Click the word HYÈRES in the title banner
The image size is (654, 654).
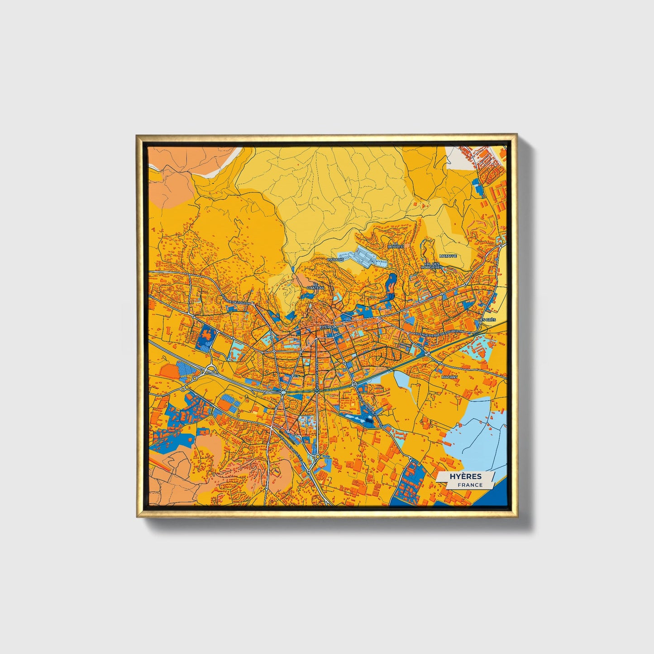[x=466, y=477]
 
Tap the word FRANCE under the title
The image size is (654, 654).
[x=469, y=485]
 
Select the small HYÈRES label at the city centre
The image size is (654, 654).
[x=326, y=326]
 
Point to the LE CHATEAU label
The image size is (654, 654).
[x=315, y=286]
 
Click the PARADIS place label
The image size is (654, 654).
[x=335, y=260]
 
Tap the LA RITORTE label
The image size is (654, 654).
[x=396, y=245]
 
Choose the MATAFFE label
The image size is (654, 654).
[x=448, y=256]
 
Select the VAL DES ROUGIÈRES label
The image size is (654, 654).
[x=431, y=266]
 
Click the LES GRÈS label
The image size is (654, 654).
[x=487, y=320]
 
